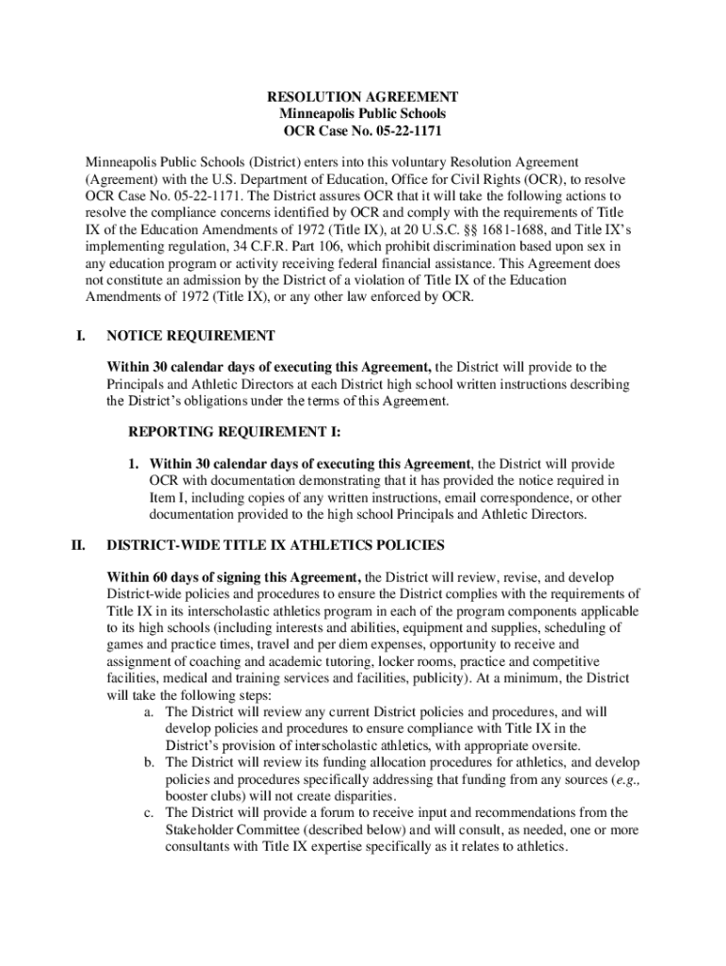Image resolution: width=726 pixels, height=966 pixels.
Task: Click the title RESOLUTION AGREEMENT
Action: point(363,97)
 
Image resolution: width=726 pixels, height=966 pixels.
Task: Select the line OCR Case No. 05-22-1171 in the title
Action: point(363,130)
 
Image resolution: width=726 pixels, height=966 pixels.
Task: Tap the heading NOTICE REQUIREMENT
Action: point(191,336)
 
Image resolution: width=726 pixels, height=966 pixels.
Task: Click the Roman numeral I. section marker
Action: point(82,336)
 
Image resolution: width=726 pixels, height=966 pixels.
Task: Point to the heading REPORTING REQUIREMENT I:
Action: point(235,432)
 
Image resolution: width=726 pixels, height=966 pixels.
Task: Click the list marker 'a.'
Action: point(150,712)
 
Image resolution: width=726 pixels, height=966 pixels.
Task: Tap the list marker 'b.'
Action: point(150,762)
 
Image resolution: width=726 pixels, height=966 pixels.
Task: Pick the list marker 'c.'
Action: point(150,812)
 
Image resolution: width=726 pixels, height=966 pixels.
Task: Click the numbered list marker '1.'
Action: point(136,464)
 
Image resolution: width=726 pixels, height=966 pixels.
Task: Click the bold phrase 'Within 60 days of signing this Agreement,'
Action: point(234,577)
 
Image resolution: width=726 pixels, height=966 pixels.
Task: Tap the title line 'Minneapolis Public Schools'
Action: point(363,114)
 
